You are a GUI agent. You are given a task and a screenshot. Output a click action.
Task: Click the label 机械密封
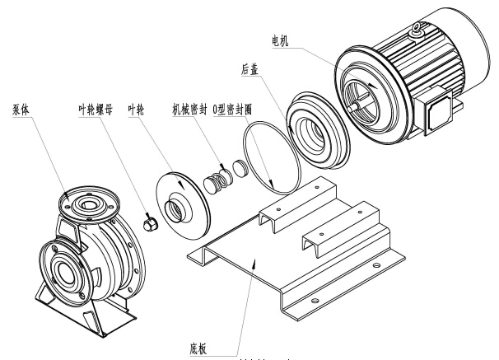click(189, 109)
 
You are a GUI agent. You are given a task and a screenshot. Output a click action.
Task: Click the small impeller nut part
click(150, 222)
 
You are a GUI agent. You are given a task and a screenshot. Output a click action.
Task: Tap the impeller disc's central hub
click(175, 210)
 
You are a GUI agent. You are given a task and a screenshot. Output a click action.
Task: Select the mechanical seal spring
click(217, 175)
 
